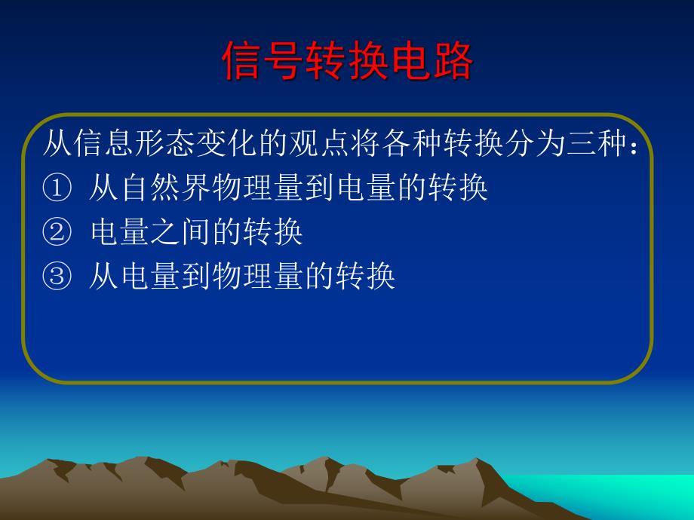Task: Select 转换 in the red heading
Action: click(348, 61)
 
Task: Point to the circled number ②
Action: click(55, 233)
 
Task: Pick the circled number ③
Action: click(55, 277)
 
